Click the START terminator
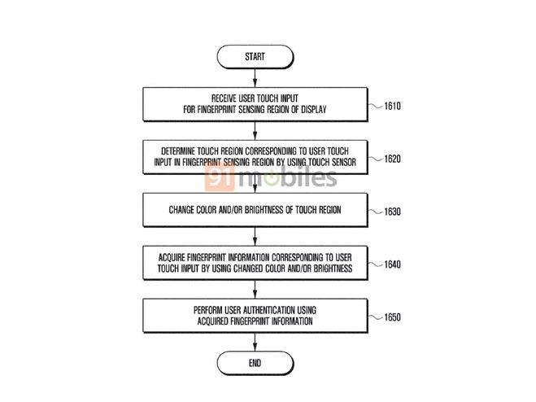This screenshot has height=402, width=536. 255,57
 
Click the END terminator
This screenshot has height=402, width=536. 255,363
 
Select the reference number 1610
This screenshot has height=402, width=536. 392,106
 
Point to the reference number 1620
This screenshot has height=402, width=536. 392,159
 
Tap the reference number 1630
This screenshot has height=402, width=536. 392,212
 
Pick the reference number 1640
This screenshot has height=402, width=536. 392,264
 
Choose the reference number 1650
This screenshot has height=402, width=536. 392,317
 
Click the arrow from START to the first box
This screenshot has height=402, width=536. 255,77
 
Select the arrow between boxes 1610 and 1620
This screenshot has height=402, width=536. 255,131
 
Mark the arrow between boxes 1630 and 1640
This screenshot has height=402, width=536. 255,237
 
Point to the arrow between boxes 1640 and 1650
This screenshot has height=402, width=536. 255,289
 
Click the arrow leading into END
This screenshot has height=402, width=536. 255,342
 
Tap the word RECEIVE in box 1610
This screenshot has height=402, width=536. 224,98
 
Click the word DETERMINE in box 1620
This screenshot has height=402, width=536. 178,151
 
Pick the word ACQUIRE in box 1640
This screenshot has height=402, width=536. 172,257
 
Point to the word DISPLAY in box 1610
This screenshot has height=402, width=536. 314,110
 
